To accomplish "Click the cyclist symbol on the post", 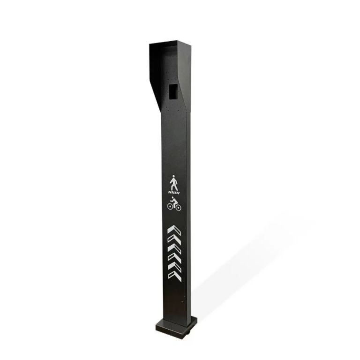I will (x=174, y=203).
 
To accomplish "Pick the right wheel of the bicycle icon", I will (x=178, y=206).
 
